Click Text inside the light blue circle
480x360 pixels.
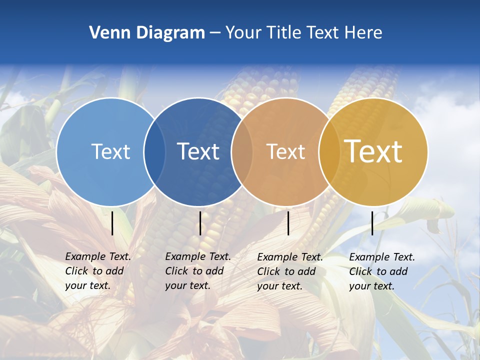click(110, 151)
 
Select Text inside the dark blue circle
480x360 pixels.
click(198, 151)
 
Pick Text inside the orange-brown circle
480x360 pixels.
click(285, 151)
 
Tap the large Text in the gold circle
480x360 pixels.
click(373, 151)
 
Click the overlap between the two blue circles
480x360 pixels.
click(154, 151)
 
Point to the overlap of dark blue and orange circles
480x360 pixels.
click(242, 151)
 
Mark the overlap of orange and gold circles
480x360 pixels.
click(328, 151)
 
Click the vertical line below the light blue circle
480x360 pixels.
click(112, 223)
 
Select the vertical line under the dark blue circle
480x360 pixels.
click(200, 223)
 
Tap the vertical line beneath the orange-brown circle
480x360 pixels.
click(288, 223)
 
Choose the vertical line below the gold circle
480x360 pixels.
click(372, 223)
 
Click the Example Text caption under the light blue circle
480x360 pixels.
click(97, 271)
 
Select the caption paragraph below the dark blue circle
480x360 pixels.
click(197, 271)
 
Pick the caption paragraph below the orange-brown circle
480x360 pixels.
click(289, 271)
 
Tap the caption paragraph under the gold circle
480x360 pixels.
click(381, 271)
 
